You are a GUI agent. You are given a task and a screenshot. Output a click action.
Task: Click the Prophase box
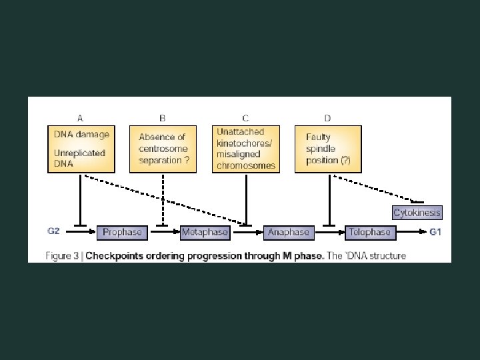[122, 232]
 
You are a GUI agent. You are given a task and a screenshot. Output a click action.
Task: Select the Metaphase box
[205, 232]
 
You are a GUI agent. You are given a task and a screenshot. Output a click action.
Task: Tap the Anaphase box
[288, 232]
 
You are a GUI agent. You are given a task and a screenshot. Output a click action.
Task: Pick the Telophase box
[370, 232]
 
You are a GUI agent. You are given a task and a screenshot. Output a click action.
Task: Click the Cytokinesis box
[417, 213]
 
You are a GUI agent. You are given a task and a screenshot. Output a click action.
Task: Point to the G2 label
[54, 231]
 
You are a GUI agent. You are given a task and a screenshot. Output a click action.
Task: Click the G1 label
[435, 231]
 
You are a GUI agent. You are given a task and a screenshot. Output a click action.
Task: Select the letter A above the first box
[80, 118]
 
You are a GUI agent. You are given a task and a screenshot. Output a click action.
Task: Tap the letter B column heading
[163, 118]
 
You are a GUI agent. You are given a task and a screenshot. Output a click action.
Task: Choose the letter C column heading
[246, 118]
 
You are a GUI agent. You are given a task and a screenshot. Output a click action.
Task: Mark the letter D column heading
[327, 118]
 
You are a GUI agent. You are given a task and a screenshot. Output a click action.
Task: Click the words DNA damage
[81, 134]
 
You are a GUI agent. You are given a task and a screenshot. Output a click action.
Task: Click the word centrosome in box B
[163, 149]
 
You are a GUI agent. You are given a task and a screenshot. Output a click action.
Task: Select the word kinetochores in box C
[244, 143]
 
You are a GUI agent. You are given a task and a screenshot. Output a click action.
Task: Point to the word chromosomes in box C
[246, 166]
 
